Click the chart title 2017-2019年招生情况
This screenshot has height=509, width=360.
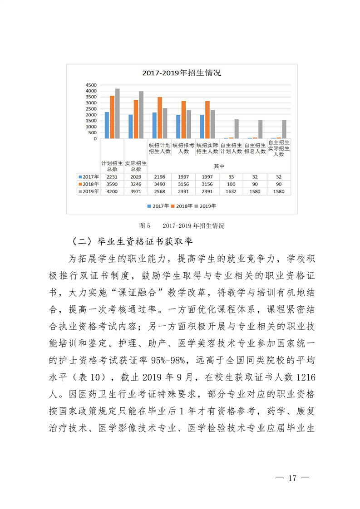pos(182,73)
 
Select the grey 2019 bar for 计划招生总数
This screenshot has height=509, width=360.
pos(117,113)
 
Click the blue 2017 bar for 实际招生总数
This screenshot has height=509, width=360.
pos(131,127)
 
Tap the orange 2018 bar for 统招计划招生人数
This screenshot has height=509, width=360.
pos(160,117)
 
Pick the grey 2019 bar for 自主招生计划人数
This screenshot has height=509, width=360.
pos(236,129)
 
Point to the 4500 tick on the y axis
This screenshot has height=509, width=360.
pos(91,85)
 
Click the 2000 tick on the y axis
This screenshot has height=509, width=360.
pos(91,115)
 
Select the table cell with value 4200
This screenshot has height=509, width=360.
pos(112,191)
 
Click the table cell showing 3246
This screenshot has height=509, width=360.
pos(135,184)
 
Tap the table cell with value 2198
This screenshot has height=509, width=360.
pos(159,176)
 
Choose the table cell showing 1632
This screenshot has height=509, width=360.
pos(231,191)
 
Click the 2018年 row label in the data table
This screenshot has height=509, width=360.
pos(88,184)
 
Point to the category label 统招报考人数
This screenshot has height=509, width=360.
pos(183,148)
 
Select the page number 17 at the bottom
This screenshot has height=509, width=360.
pos(292,478)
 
